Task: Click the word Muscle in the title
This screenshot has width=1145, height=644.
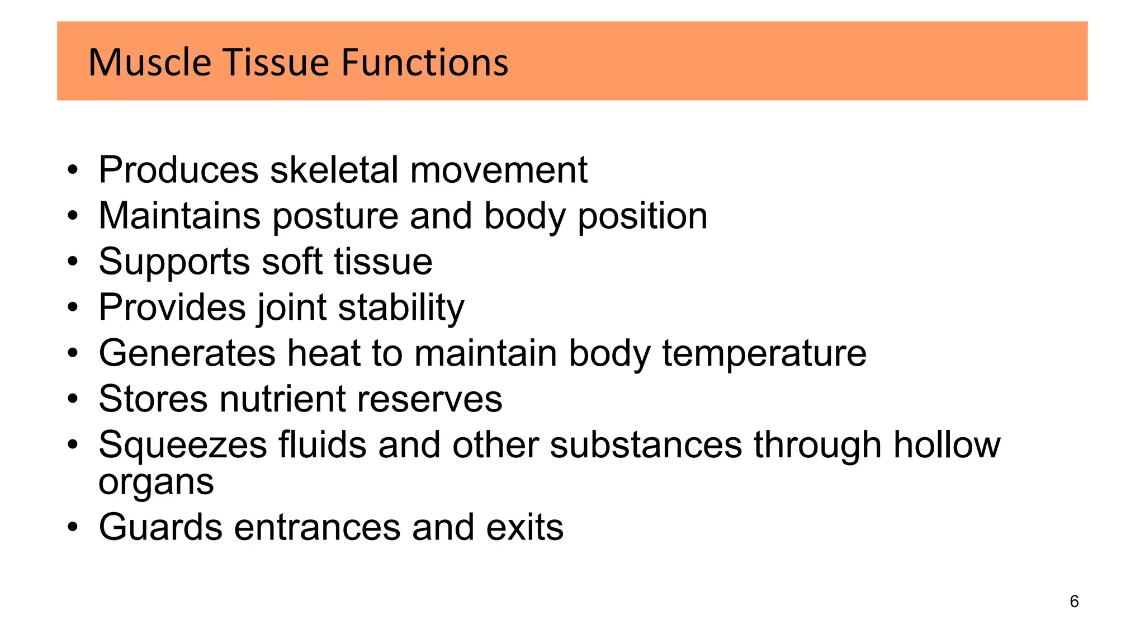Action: pos(149,62)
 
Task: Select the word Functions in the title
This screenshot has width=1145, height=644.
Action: pos(424,62)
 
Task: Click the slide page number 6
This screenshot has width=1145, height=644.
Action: pos(1074,602)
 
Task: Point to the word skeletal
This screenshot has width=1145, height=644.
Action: pos(334,169)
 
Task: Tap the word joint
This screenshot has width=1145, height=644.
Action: pos(291,308)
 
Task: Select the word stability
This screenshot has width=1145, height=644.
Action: pos(401,308)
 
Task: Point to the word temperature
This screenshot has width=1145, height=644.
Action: pos(764,354)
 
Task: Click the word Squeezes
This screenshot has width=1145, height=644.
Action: pos(183,446)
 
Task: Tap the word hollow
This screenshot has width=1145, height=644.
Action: pos(947,445)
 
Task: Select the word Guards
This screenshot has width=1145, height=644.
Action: pos(160,527)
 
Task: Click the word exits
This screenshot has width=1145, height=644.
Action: pos(524,527)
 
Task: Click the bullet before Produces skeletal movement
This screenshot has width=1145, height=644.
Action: pos(72,170)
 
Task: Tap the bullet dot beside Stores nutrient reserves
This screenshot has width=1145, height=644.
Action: pos(72,400)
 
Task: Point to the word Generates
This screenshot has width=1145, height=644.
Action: pos(187,353)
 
